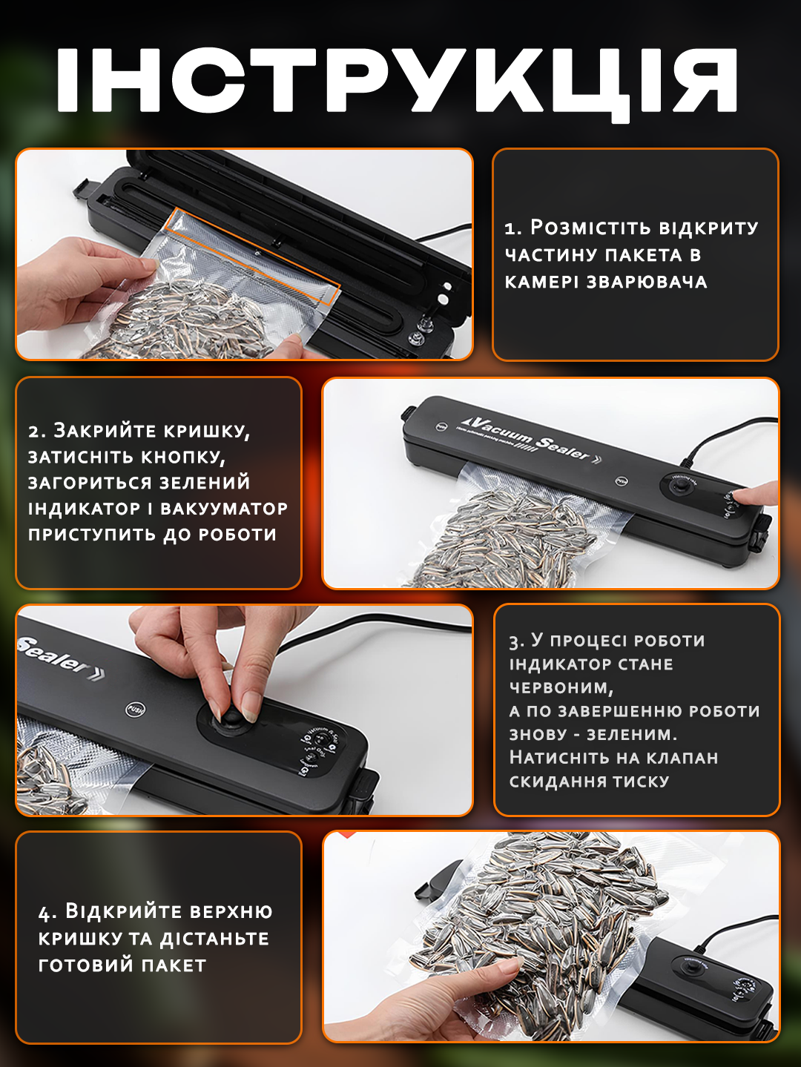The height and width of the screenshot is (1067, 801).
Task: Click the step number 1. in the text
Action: click(513, 228)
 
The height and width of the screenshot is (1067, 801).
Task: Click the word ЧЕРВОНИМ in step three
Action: click(560, 687)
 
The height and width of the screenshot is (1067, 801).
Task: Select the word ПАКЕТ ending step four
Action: click(174, 965)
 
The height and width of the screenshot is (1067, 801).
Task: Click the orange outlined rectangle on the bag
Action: click(252, 257)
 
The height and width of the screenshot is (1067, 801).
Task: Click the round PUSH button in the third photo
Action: click(135, 709)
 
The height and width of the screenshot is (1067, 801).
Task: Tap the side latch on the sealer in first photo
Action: click(83, 189)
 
